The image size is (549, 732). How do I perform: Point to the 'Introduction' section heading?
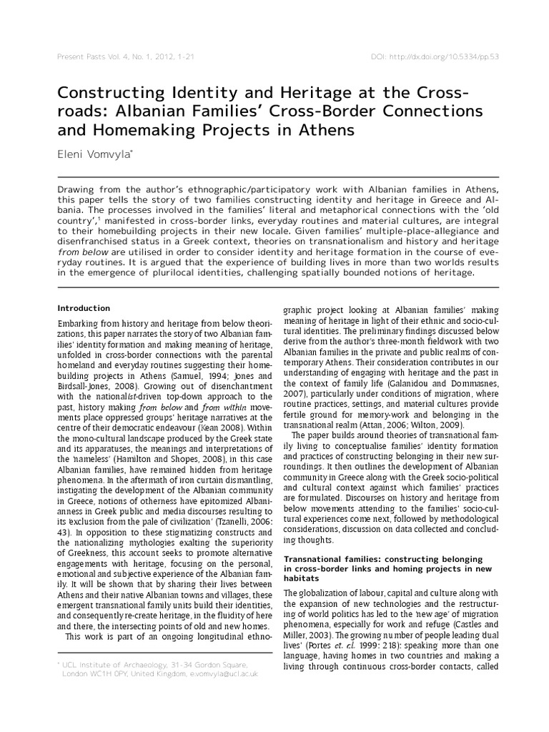(x=84, y=308)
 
